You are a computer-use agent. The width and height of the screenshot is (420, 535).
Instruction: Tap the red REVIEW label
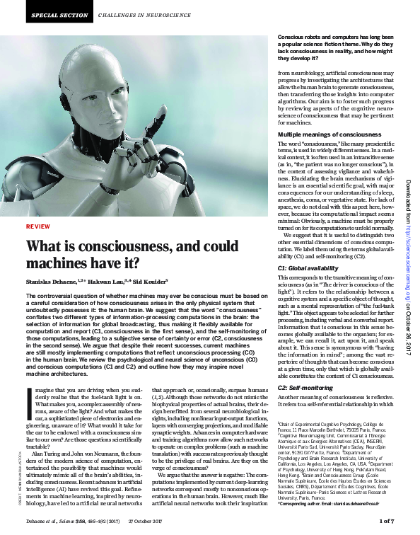pyautogui.click(x=37, y=207)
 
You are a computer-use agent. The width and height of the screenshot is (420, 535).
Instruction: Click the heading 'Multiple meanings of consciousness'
pyautogui.click(x=319, y=134)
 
